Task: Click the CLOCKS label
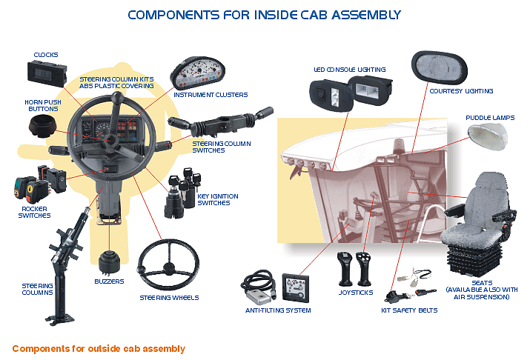(x=46, y=54)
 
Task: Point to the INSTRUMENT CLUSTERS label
(x=211, y=95)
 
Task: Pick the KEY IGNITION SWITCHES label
(x=218, y=199)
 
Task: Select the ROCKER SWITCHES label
(x=34, y=212)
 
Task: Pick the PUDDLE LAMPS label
(x=490, y=118)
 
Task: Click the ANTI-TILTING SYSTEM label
(x=278, y=310)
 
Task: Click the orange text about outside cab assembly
(x=99, y=348)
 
